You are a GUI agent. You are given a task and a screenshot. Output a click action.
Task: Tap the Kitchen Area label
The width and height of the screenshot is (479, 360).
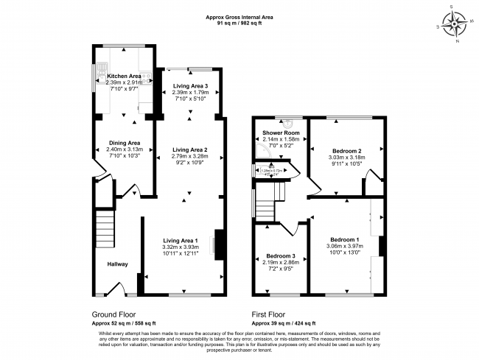pyautogui.click(x=124, y=76)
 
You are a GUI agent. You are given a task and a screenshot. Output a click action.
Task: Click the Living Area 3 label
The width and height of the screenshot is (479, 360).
pyautogui.click(x=190, y=86)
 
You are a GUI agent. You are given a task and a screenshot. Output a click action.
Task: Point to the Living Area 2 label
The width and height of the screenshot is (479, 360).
pyautogui.click(x=190, y=149)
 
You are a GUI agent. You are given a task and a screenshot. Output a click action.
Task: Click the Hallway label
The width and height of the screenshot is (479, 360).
pyautogui.click(x=117, y=264)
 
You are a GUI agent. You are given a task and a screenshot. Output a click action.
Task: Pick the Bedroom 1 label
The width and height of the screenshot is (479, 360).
pyautogui.click(x=345, y=240)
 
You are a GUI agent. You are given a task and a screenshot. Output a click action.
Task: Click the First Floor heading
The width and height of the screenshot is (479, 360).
pyautogui.click(x=269, y=312)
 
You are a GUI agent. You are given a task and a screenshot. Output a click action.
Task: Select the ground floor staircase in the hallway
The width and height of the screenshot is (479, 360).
pyautogui.click(x=105, y=228)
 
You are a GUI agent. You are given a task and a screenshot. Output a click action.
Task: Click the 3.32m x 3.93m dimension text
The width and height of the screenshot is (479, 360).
pyautogui.click(x=181, y=247)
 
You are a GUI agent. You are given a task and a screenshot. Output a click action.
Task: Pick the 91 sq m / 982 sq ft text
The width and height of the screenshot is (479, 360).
pyautogui.click(x=239, y=24)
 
